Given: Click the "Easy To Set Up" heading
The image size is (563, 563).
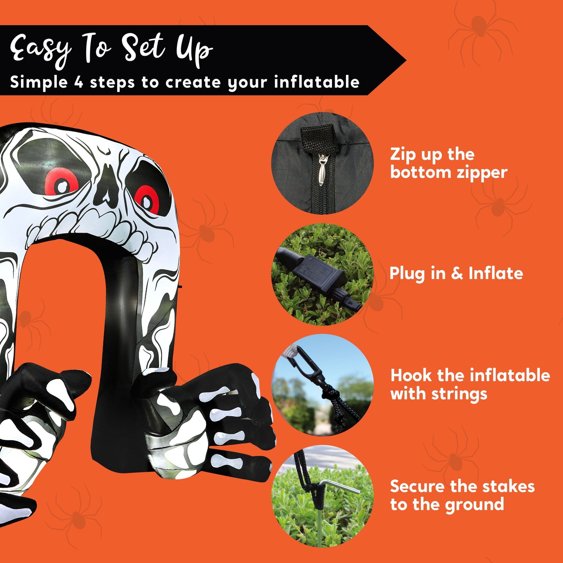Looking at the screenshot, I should [x=111, y=50].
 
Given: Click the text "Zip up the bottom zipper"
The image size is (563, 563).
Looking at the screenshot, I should [x=448, y=163].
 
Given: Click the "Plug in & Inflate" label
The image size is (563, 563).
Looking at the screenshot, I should [x=456, y=273].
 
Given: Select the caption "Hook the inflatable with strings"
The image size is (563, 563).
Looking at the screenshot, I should [x=469, y=384].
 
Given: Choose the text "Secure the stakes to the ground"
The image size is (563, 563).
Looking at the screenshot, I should [x=462, y=495].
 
